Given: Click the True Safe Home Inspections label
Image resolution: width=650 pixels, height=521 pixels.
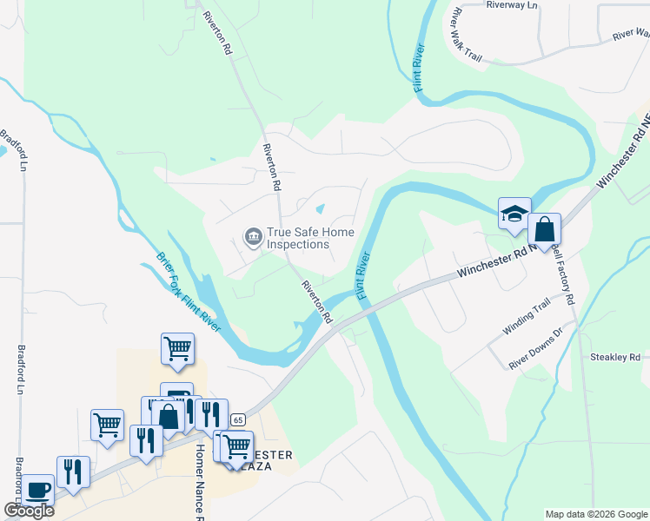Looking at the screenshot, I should pyautogui.click(x=299, y=238).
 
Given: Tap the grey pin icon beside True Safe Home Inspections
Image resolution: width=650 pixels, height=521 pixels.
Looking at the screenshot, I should pyautogui.click(x=253, y=236).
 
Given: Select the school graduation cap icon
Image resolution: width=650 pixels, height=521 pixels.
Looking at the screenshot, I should pyautogui.click(x=514, y=214).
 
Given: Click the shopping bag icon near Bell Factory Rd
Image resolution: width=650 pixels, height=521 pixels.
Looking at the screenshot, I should pyautogui.click(x=544, y=230).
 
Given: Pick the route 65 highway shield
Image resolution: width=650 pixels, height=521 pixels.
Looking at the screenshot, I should pyautogui.click(x=238, y=419).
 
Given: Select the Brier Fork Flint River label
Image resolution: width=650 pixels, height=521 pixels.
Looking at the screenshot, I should pyautogui.click(x=189, y=292).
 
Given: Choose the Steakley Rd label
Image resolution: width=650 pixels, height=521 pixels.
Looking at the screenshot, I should pyautogui.click(x=614, y=357).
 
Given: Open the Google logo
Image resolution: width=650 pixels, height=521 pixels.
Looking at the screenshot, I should pyautogui.click(x=29, y=511).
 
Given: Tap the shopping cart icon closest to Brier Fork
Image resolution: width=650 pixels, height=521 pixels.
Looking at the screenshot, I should pyautogui.click(x=177, y=349).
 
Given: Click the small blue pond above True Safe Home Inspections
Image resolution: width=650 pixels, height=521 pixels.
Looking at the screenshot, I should pyautogui.click(x=321, y=209).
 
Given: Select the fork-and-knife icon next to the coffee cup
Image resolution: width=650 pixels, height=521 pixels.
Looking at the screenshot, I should pyautogui.click(x=74, y=472).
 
